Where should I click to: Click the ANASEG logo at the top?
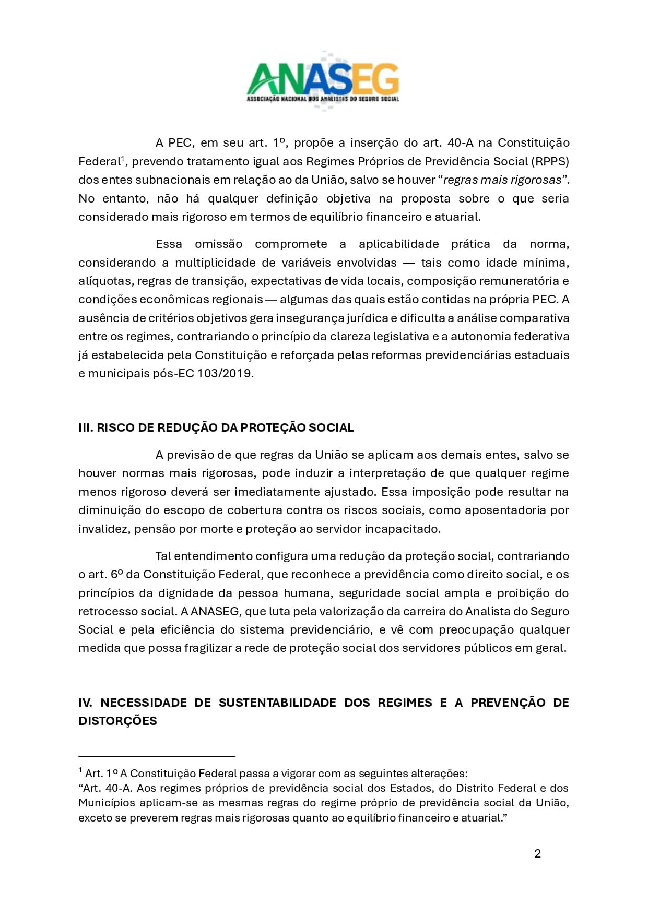[x=323, y=81]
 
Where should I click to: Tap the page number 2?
[x=537, y=853]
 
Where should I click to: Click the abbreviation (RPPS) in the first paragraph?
[x=550, y=161]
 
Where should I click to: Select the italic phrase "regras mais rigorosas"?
[x=502, y=180]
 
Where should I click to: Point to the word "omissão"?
[x=218, y=244]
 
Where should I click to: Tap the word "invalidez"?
[x=103, y=529]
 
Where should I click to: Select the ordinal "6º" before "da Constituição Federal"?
[x=116, y=575]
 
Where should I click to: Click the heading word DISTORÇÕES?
[x=117, y=721]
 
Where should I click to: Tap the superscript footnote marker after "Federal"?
[x=123, y=158]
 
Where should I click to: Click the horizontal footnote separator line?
[x=157, y=756]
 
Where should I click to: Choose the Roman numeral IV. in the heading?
[x=86, y=703]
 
